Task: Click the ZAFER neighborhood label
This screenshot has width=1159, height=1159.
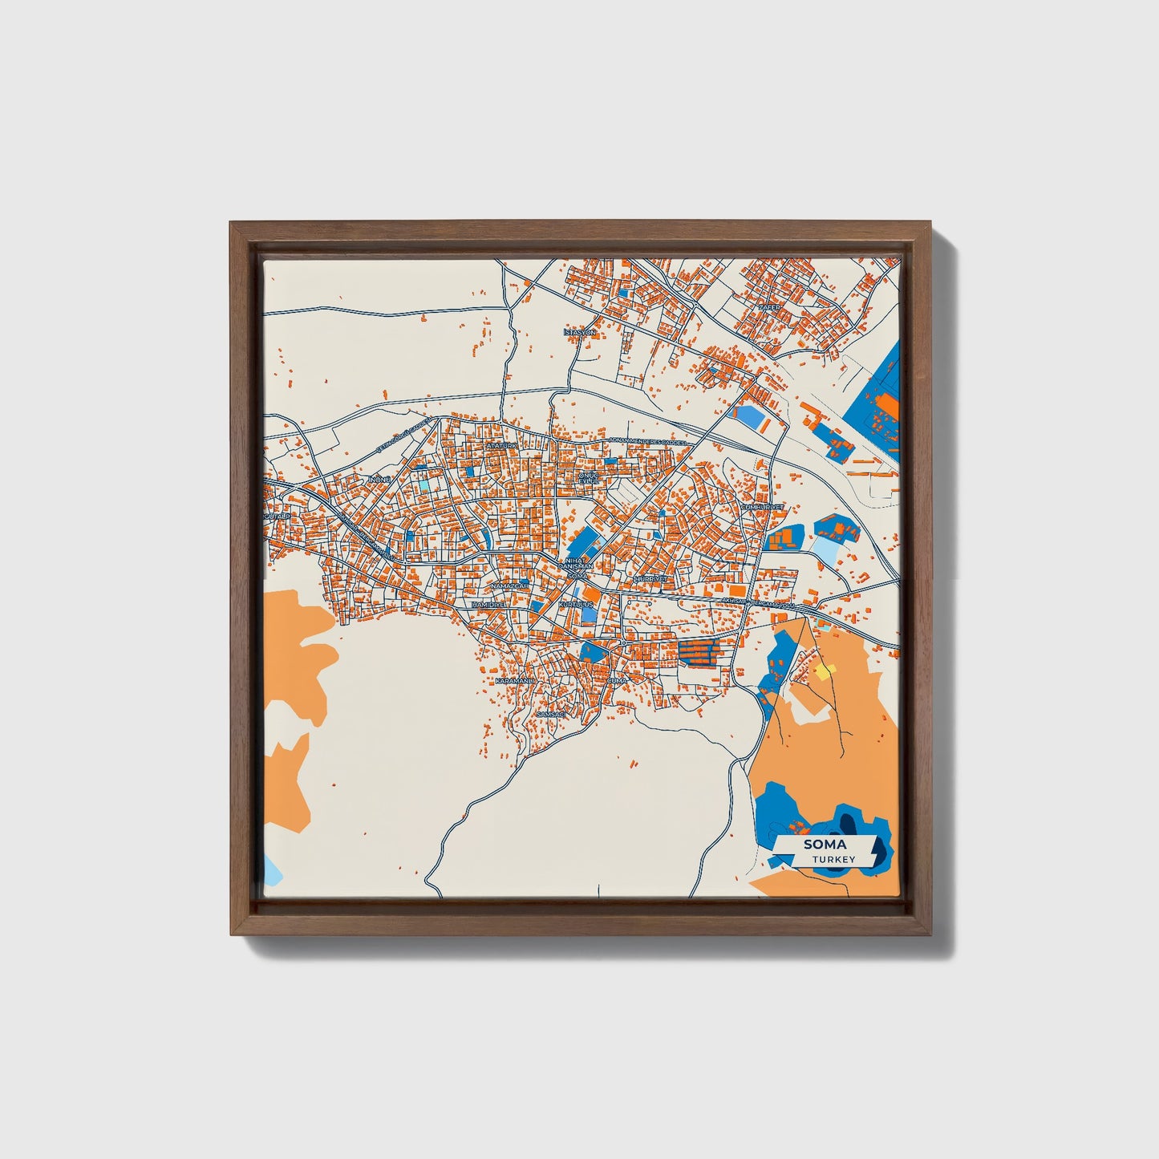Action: (x=769, y=307)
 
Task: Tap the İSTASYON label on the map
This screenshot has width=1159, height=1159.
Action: (x=579, y=332)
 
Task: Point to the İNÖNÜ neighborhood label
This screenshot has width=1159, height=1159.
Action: (x=378, y=480)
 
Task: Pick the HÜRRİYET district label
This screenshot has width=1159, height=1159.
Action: (x=650, y=578)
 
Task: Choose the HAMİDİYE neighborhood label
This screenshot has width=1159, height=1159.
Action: (x=489, y=604)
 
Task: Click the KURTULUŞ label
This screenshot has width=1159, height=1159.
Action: (x=576, y=603)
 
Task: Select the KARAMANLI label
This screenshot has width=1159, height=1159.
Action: (x=514, y=680)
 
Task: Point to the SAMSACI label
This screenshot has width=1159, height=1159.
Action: (x=551, y=713)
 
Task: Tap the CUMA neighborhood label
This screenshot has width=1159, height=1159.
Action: (x=616, y=680)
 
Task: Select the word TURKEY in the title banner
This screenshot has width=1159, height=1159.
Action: (x=833, y=859)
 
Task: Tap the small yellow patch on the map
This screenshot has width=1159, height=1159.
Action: (x=825, y=671)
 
